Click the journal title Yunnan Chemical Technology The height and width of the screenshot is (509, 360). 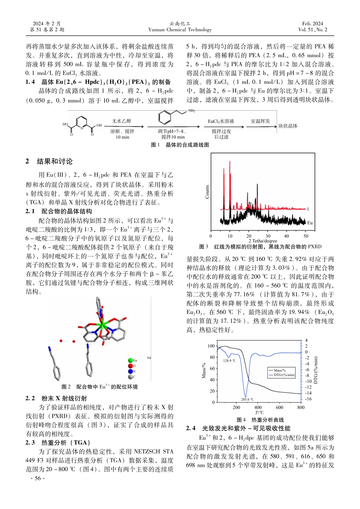180,30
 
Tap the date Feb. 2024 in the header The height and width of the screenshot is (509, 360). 313,23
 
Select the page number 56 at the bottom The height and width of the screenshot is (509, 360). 37,478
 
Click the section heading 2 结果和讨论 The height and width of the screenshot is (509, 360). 49,161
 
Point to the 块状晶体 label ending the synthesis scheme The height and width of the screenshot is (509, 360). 288,126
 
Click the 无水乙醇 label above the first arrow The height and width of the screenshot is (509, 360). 122,121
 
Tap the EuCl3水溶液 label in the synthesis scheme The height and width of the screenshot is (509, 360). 221,121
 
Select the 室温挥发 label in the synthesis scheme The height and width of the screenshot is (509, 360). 260,121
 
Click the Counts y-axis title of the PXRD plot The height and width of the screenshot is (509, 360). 207,192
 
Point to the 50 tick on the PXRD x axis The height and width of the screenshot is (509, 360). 306,236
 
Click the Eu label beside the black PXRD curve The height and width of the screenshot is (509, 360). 310,223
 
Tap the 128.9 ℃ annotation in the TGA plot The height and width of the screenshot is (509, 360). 229,361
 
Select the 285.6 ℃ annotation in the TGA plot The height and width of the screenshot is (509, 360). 247,399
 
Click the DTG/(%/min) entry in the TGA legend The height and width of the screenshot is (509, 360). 284,375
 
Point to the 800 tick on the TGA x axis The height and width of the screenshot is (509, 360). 301,408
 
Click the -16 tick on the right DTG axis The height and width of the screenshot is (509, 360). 308,399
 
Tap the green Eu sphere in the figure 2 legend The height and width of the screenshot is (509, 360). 130,361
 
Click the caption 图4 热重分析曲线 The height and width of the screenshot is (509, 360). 260,420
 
